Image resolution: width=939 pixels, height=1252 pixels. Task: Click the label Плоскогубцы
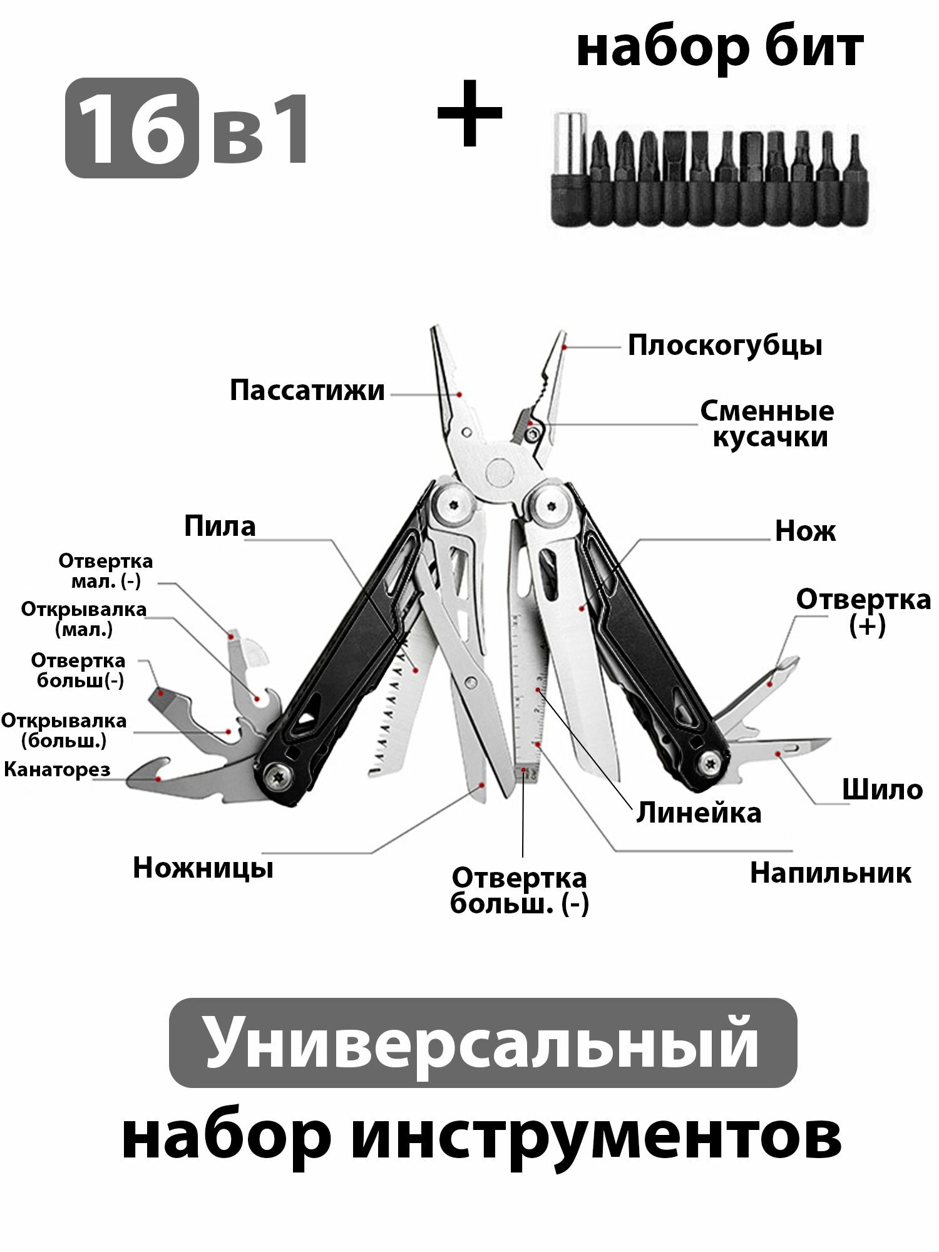[725, 346]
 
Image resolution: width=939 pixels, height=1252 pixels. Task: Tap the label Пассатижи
[307, 391]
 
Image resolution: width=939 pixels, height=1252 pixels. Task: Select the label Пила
[220, 526]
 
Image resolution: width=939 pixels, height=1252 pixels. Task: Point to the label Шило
[882, 790]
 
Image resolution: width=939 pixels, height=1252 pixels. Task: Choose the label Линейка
[699, 813]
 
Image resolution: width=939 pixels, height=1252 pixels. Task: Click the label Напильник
[830, 873]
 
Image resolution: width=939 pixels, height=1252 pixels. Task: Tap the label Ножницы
[203, 868]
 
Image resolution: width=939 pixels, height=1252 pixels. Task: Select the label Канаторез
[57, 769]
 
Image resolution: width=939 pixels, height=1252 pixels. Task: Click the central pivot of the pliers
[498, 471]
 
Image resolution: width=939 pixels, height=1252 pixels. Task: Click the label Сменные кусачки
[767, 424]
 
